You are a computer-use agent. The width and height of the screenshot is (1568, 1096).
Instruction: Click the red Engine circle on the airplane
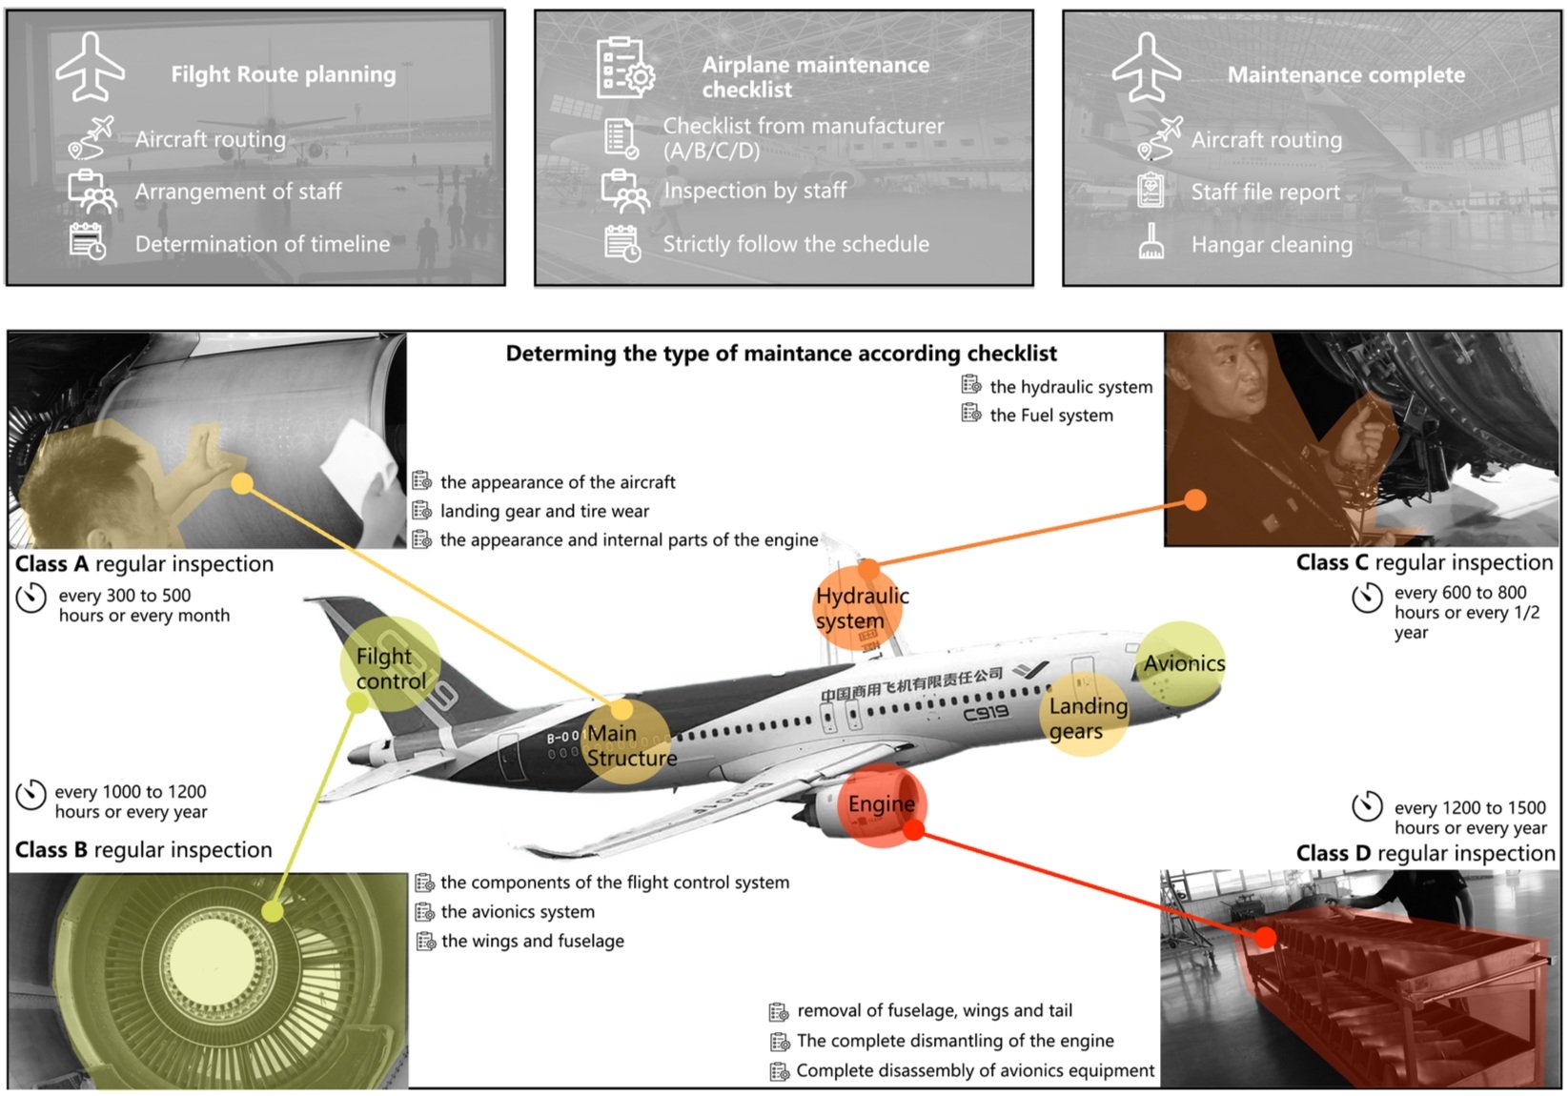(x=882, y=805)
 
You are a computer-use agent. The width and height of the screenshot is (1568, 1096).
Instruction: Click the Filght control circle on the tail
(x=390, y=666)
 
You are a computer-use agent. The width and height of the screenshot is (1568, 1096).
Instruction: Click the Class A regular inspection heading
(x=144, y=564)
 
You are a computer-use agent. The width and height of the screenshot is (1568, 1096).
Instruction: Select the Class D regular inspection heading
(x=1425, y=853)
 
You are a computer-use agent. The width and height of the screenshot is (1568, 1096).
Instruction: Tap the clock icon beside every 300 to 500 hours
(x=31, y=599)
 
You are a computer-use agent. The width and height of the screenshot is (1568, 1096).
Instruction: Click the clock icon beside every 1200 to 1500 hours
(x=1367, y=806)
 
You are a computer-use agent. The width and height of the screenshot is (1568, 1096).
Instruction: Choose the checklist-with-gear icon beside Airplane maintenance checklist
(x=624, y=68)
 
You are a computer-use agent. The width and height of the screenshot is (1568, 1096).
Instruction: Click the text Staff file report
(x=1265, y=193)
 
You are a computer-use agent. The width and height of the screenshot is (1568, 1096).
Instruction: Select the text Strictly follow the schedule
(x=796, y=244)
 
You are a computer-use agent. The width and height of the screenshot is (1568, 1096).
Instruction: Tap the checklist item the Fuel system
(x=1050, y=416)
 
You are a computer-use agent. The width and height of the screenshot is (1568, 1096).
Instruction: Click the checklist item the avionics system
(x=518, y=912)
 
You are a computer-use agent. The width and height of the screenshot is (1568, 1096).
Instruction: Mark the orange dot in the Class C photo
(x=1195, y=499)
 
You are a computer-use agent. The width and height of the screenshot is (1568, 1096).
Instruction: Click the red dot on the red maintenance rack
(x=1265, y=937)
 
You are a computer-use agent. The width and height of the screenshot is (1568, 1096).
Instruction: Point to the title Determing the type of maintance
(x=781, y=354)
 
